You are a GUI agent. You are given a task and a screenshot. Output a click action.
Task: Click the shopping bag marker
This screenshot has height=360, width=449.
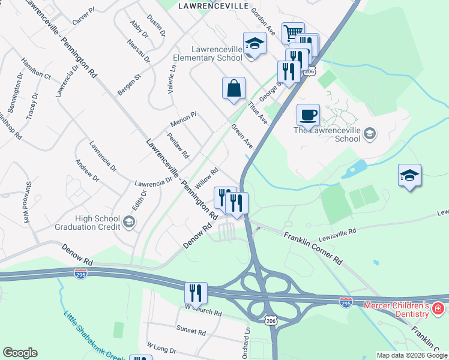coord(234,88)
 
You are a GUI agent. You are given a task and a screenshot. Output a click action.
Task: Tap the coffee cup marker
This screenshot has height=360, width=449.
coord(308,114)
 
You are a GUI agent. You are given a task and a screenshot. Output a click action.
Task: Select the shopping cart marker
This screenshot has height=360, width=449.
coord(293,32)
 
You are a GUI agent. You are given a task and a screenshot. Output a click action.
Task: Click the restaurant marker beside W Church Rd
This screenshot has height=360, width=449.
coord(196,293)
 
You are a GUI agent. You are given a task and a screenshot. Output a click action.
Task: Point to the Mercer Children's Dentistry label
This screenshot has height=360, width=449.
coord(397,309)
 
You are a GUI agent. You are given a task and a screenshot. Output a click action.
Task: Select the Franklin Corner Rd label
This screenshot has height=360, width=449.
coord(313,248)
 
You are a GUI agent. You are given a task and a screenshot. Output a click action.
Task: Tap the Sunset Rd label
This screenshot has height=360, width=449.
coord(191,329)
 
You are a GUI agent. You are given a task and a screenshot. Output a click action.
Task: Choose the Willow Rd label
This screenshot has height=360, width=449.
coord(206,178)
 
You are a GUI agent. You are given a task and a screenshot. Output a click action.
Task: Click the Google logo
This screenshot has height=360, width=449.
coord(20,353)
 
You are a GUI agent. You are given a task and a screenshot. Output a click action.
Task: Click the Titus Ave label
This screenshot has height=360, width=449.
coord(258,112)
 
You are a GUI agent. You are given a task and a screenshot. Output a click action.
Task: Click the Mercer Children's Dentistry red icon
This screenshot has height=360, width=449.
coord(439,309)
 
